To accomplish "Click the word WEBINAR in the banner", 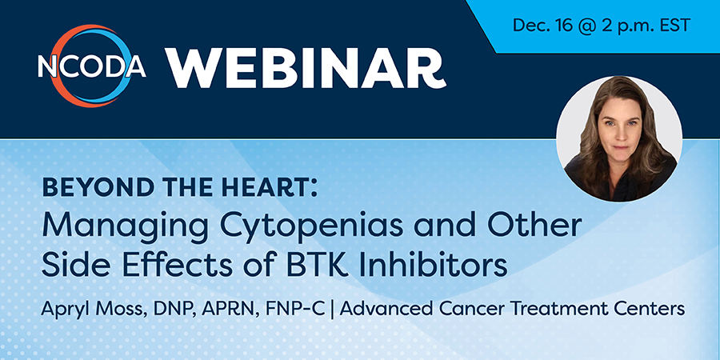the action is point(306,68).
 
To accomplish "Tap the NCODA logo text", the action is point(92,67).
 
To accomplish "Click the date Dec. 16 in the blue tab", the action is point(542,26).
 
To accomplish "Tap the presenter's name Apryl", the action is point(61,309).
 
